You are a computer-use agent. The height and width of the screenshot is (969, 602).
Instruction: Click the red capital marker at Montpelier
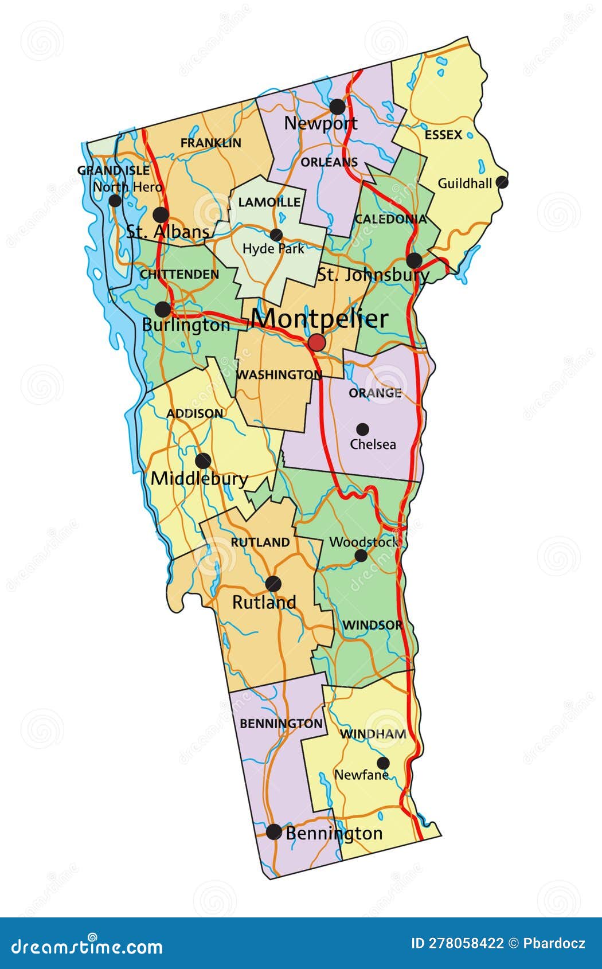[316, 343]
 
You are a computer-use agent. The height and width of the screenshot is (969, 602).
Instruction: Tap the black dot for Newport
[337, 107]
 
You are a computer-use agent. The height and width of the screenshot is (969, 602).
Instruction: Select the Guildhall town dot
[502, 182]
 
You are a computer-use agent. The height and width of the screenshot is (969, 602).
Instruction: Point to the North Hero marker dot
[115, 201]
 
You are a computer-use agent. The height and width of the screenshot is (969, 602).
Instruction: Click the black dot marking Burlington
[163, 310]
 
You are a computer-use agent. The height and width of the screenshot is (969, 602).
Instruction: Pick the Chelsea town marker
[362, 429]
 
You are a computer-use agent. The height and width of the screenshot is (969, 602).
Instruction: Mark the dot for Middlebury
[202, 460]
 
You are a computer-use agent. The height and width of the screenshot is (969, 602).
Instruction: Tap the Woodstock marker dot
[361, 555]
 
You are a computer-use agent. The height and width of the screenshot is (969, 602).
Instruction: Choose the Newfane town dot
[383, 763]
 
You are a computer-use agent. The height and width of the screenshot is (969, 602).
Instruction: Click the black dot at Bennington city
[274, 832]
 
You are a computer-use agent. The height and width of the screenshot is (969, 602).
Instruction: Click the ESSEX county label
[443, 135]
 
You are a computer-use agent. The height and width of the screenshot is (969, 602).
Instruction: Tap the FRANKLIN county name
[211, 143]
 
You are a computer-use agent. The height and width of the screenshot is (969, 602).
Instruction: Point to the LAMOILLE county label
[269, 202]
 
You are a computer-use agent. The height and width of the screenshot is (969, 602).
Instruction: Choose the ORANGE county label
[375, 393]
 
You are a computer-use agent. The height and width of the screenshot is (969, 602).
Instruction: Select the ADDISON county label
[195, 413]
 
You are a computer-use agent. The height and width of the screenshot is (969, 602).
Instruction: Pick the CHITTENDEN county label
[179, 275]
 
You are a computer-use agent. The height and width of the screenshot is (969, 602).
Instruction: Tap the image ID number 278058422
[458, 944]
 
